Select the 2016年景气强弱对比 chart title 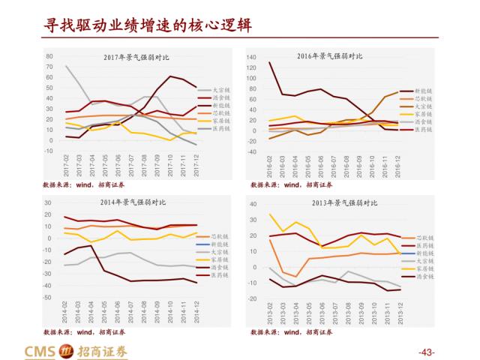pos(330,56)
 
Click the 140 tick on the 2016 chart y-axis pos(252,56)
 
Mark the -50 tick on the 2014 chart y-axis pos(47,298)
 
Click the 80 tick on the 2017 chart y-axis pos(49,56)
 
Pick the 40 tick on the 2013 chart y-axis pos(251,204)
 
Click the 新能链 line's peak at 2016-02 pos(270,62)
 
